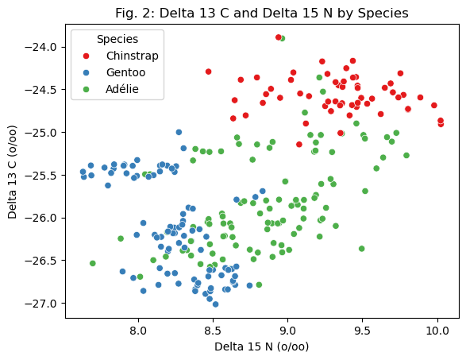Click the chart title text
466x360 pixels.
click(261, 13)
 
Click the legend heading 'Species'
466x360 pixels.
click(117, 39)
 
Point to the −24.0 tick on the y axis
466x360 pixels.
click(40, 47)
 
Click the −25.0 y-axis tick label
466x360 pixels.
click(40, 133)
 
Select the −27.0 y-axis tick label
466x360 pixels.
click(40, 304)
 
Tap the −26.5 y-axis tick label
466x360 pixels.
click(40, 261)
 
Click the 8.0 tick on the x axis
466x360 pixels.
click(138, 331)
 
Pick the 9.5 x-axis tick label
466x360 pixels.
click(362, 331)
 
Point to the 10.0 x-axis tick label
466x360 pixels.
click(437, 331)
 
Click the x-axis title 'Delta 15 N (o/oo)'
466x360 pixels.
click(261, 346)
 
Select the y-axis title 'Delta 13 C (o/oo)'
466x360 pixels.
click(12, 172)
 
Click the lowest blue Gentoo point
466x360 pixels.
click(215, 304)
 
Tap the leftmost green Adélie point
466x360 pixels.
click(92, 263)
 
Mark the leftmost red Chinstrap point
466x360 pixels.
click(208, 72)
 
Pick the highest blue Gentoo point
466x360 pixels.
click(179, 132)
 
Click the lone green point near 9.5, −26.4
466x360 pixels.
click(361, 249)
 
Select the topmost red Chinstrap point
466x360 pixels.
click(278, 37)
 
